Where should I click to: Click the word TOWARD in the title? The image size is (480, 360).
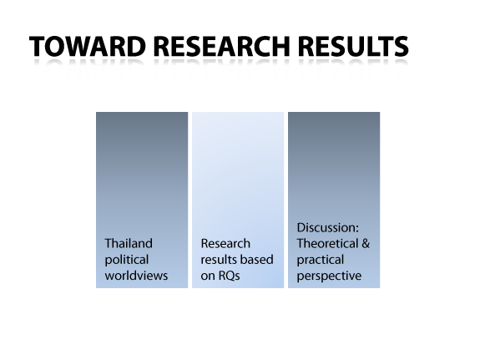tap(88, 46)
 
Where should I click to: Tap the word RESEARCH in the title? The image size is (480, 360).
tap(221, 46)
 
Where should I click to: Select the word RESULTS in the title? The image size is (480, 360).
tap(353, 46)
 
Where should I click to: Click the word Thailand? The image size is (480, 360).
tap(129, 244)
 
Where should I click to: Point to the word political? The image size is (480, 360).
tap(127, 260)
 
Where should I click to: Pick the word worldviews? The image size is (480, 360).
tap(136, 276)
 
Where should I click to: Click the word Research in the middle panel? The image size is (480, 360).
tap(225, 244)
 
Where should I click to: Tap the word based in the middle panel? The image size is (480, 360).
tap(259, 260)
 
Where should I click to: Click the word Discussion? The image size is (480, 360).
tap(328, 228)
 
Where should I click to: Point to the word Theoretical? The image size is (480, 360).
tap(327, 244)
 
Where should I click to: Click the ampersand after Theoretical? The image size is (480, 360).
tap(366, 244)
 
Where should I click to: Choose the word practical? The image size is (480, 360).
tap(321, 260)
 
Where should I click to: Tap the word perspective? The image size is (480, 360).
tap(329, 276)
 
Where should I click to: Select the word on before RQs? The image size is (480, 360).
tap(208, 276)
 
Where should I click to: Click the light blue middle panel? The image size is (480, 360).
tap(238, 200)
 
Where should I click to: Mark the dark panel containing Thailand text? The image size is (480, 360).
tap(142, 200)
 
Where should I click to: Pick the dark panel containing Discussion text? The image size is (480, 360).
tap(334, 200)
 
